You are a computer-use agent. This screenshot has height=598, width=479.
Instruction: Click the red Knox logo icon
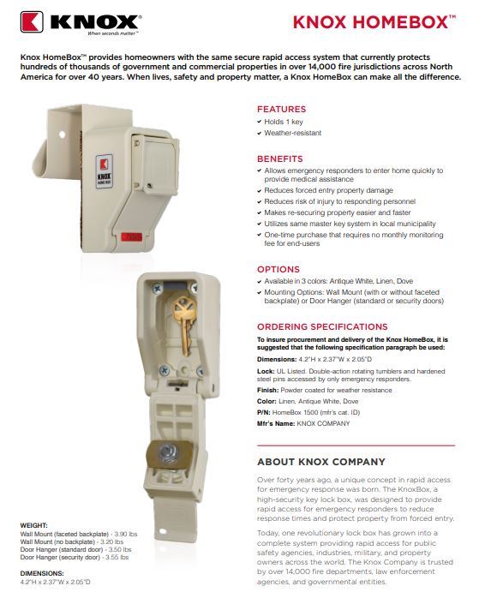tap(32, 21)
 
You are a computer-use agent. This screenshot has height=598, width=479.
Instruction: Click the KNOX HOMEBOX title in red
tap(374, 22)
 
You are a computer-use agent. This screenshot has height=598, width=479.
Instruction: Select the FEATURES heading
tap(281, 109)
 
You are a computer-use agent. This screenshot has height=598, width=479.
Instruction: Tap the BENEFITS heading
tap(280, 158)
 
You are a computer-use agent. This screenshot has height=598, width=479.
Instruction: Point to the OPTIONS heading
tap(278, 269)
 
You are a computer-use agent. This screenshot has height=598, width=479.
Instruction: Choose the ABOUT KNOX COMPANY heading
tap(321, 462)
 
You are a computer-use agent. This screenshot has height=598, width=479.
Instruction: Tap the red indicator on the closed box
tap(132, 236)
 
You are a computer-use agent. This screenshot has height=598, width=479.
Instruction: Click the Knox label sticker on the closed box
tap(104, 171)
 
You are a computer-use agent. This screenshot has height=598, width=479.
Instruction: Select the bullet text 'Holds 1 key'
tap(284, 122)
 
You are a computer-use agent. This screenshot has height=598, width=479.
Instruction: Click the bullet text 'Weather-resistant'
tap(292, 133)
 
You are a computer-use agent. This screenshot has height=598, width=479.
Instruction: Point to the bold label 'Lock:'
tap(266, 371)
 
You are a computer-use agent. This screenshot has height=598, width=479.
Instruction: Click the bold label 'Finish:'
tap(267, 390)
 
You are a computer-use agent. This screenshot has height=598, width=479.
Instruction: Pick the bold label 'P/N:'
tap(264, 412)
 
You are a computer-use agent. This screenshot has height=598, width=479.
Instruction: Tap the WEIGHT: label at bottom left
tap(34, 525)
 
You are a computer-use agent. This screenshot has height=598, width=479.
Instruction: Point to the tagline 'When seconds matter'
tap(112, 33)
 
